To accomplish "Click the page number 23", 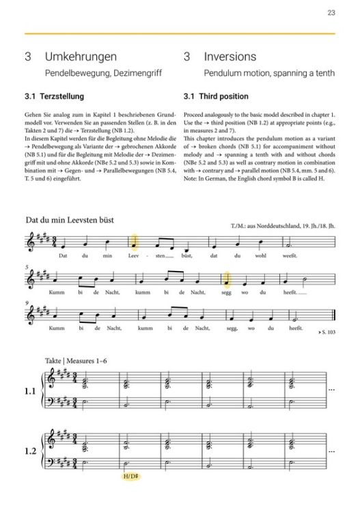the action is (331, 12).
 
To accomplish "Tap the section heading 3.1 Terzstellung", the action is (61, 96).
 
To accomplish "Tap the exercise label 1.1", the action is (29, 392).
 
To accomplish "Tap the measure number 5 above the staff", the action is (27, 266).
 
